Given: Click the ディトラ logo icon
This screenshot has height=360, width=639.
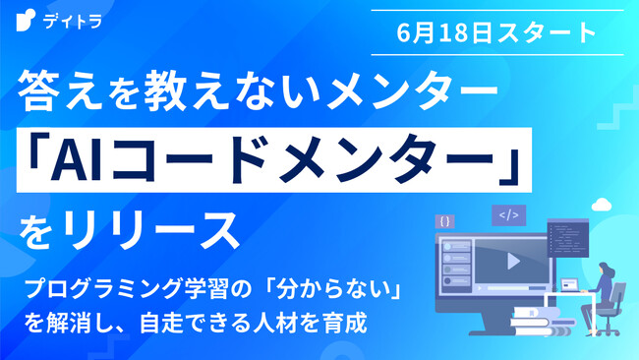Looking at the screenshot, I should pyautogui.click(x=24, y=19).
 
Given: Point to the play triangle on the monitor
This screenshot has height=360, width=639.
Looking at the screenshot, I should pyautogui.click(x=512, y=262).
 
